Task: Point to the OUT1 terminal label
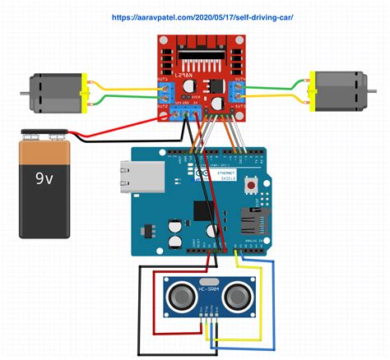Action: click(x=163, y=80)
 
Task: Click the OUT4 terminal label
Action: click(x=239, y=80)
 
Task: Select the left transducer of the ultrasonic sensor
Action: click(x=180, y=294)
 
